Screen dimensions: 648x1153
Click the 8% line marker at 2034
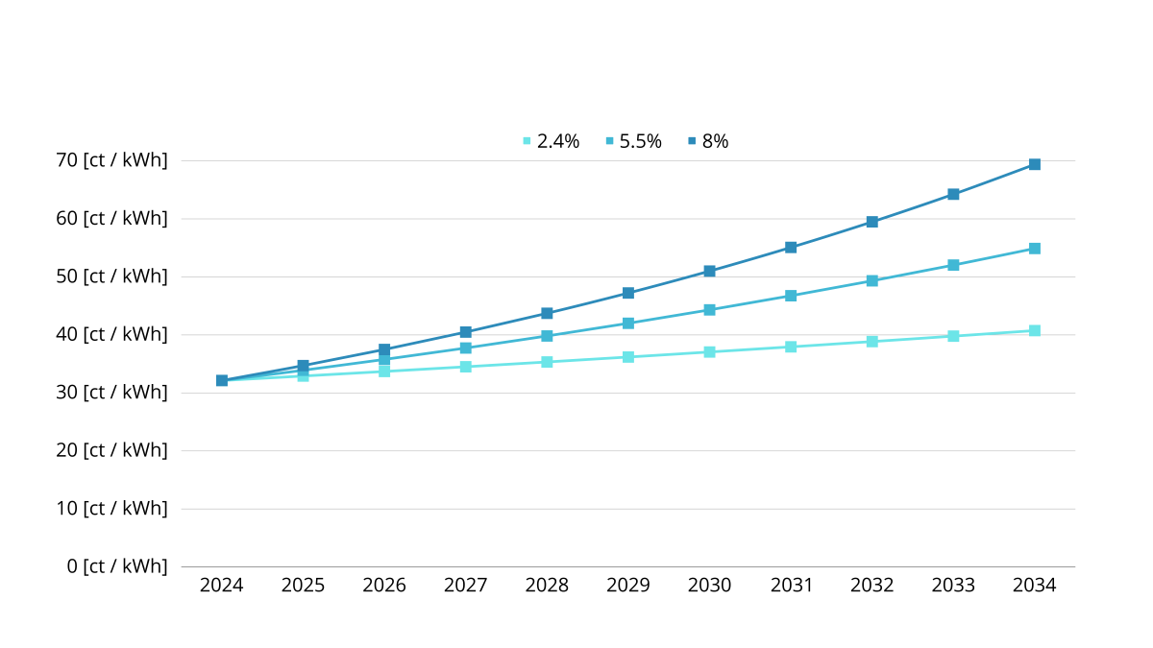tap(1035, 164)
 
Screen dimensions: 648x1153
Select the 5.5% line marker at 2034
tap(1035, 249)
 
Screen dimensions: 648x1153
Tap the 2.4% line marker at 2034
tap(1035, 330)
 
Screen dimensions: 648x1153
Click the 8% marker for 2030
tap(709, 272)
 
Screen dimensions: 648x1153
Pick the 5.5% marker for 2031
tap(791, 296)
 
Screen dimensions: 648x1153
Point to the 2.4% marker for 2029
tap(628, 357)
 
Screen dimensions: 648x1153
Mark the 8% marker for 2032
tap(872, 222)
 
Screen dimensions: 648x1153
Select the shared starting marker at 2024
tap(222, 380)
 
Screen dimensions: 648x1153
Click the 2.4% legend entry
tap(552, 141)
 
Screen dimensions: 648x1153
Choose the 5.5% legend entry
tap(634, 141)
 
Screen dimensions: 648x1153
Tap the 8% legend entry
tap(709, 141)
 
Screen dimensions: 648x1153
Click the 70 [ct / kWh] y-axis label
tap(111, 160)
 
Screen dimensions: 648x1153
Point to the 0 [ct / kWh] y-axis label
tap(117, 566)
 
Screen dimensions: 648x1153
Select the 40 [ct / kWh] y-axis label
tap(111, 334)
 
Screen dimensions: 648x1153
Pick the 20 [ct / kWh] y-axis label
tap(111, 450)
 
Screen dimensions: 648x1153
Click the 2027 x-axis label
tap(465, 586)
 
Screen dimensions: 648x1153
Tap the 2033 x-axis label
tap(953, 586)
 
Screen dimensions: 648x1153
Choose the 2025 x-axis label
tap(303, 586)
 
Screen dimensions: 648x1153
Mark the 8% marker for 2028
tap(547, 313)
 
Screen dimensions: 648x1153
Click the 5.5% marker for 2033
tap(953, 265)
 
